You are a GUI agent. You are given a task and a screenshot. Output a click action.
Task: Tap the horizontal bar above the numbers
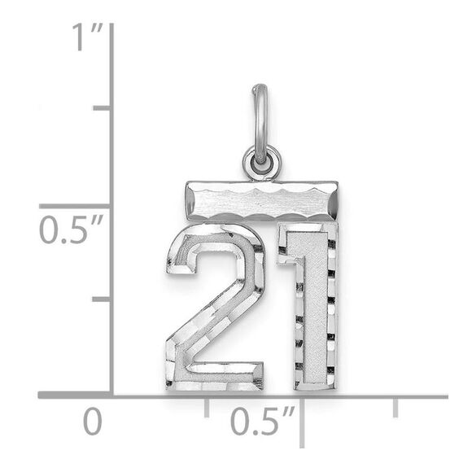click(x=260, y=199)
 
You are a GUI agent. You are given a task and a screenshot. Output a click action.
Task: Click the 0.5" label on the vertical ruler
click(x=68, y=229)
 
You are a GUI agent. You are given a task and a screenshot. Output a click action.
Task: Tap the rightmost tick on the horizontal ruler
click(x=396, y=407)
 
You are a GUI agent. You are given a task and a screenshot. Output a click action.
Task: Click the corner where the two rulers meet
click(x=111, y=396)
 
